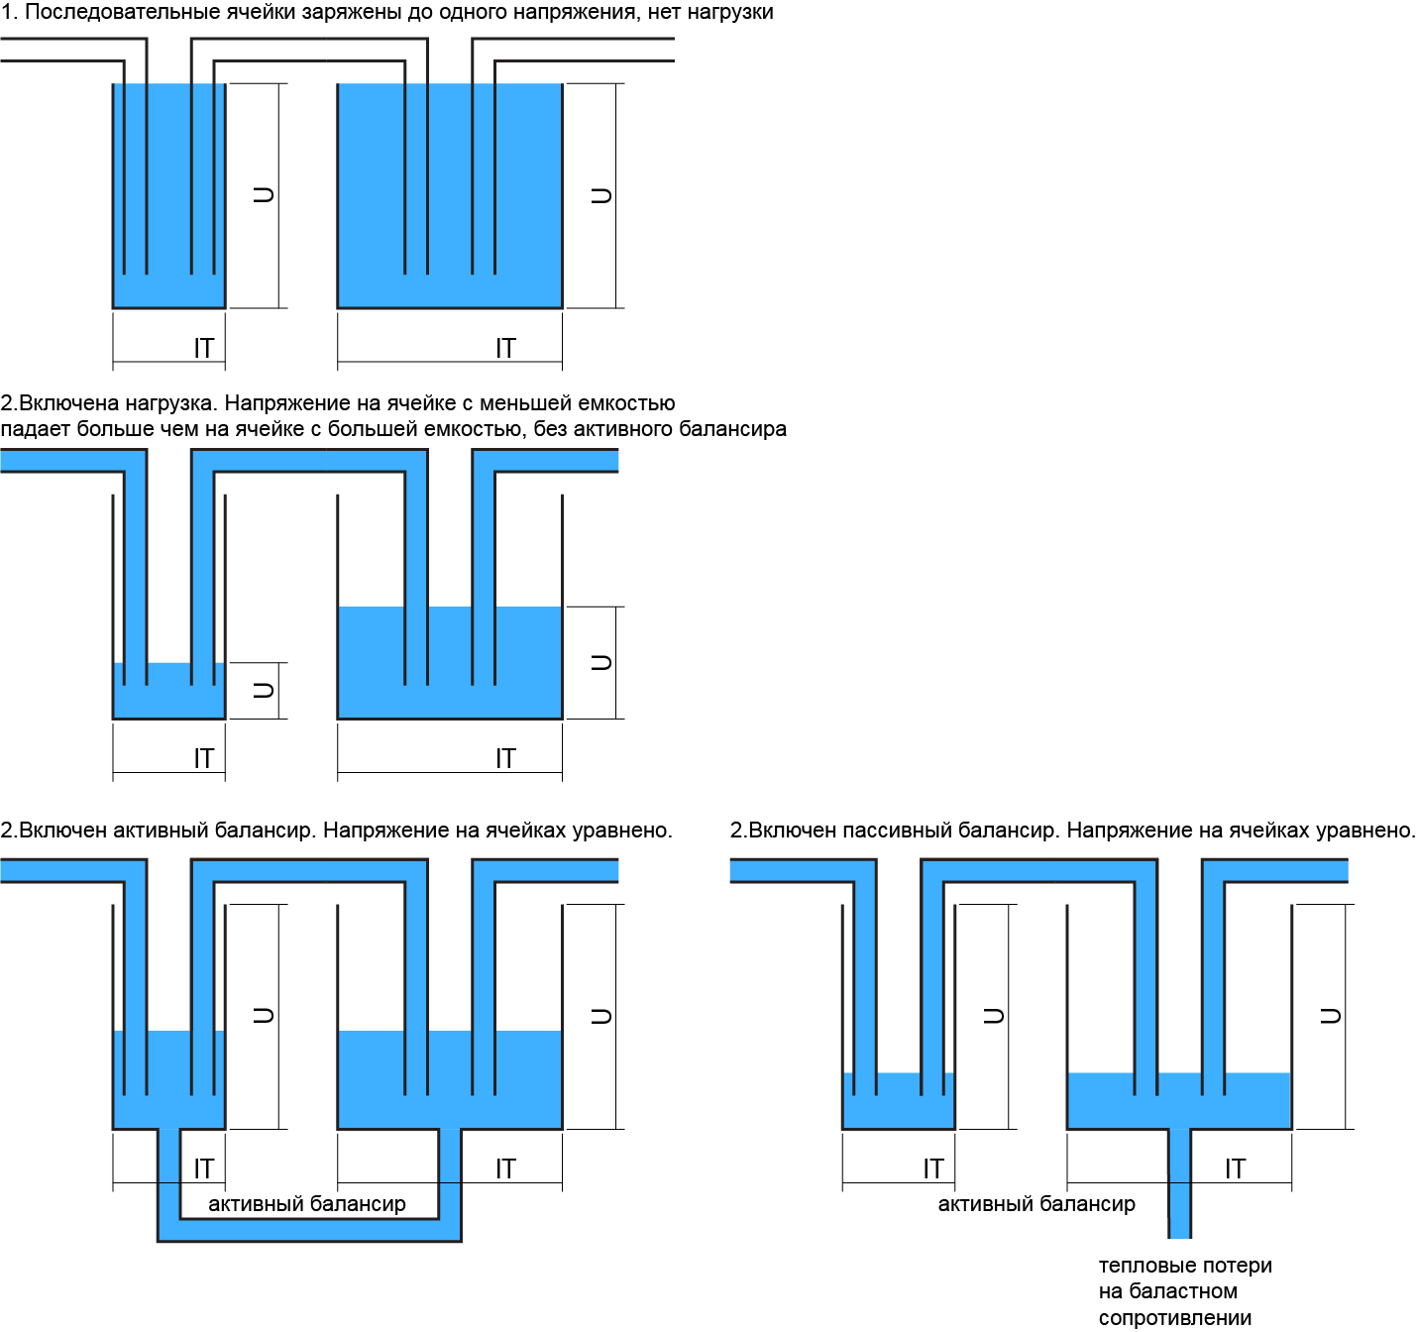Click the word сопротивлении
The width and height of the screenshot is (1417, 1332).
[x=1175, y=1318]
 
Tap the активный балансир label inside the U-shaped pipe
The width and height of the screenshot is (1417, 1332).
[x=307, y=1204]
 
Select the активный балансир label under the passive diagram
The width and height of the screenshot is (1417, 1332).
[x=1036, y=1204]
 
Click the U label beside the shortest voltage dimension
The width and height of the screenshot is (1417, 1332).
[x=264, y=690]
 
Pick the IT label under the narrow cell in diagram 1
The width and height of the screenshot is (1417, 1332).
[x=203, y=348]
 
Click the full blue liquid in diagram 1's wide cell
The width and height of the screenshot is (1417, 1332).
[x=450, y=198]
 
